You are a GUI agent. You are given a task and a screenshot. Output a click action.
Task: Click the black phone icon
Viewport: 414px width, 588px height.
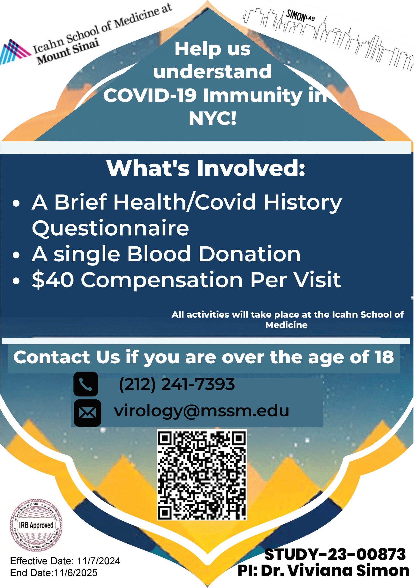(x=85, y=384)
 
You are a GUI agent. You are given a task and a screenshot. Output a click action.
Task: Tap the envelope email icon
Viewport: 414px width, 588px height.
(x=87, y=413)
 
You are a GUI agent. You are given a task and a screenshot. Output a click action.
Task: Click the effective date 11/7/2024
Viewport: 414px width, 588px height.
(x=98, y=561)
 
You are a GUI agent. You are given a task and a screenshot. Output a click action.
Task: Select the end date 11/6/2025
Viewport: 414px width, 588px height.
(x=76, y=573)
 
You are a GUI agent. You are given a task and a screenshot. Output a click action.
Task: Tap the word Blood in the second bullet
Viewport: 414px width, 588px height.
(x=159, y=254)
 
